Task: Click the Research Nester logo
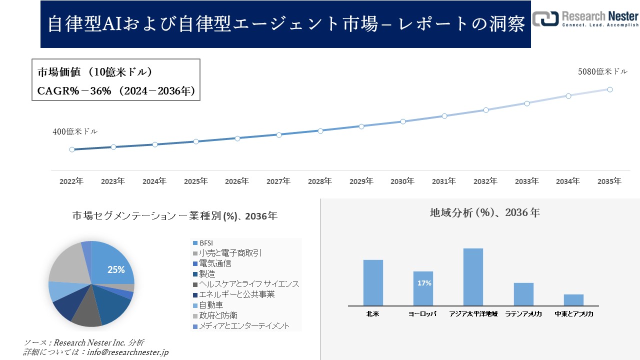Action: pyautogui.click(x=585, y=18)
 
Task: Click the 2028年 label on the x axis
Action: pyautogui.click(x=319, y=181)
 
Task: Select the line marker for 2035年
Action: pyautogui.click(x=610, y=89)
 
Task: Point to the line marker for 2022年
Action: pyautogui.click(x=72, y=149)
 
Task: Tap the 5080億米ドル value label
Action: pyautogui.click(x=602, y=72)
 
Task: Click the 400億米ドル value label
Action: pyautogui.click(x=75, y=132)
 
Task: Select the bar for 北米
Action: pyautogui.click(x=373, y=282)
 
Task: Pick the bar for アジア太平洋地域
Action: pyautogui.click(x=473, y=276)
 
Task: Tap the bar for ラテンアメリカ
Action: pyautogui.click(x=523, y=294)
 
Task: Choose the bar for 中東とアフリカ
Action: pyautogui.click(x=573, y=299)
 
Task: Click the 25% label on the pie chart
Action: pyautogui.click(x=116, y=269)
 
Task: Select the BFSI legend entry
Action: pyautogui.click(x=206, y=243)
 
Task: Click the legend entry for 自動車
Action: pyautogui.click(x=210, y=305)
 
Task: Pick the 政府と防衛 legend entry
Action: pyautogui.click(x=217, y=315)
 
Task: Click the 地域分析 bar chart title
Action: pyautogui.click(x=484, y=212)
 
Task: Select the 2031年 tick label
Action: pyautogui.click(x=444, y=181)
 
